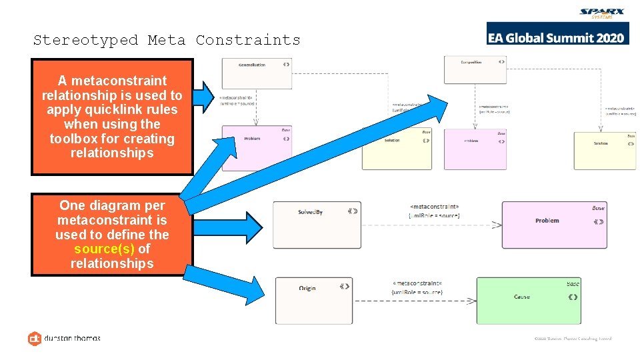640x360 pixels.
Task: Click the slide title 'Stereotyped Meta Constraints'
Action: pyautogui.click(x=167, y=40)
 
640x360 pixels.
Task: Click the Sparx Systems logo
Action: pyautogui.click(x=603, y=13)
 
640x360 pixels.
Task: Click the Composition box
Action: pyautogui.click(x=475, y=69)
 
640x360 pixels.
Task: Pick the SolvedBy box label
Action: pyautogui.click(x=310, y=212)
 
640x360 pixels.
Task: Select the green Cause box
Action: pyautogui.click(x=528, y=301)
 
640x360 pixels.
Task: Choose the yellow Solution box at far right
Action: pyautogui.click(x=605, y=150)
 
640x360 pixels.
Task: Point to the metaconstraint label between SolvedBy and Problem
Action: pyautogui.click(x=434, y=211)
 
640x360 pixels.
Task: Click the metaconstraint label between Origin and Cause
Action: pyautogui.click(x=417, y=287)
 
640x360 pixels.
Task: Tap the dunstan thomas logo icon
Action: pyautogui.click(x=34, y=338)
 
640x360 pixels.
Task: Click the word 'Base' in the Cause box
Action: pyautogui.click(x=573, y=283)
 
